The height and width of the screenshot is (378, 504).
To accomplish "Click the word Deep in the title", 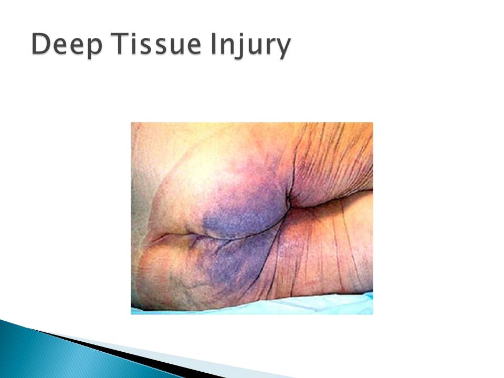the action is coord(67,45).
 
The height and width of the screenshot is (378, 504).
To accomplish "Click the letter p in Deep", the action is coord(94,49).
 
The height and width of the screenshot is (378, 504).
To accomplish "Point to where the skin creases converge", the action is coord(289,203).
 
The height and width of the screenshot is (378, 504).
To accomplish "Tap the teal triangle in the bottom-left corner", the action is coord(48,353).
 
